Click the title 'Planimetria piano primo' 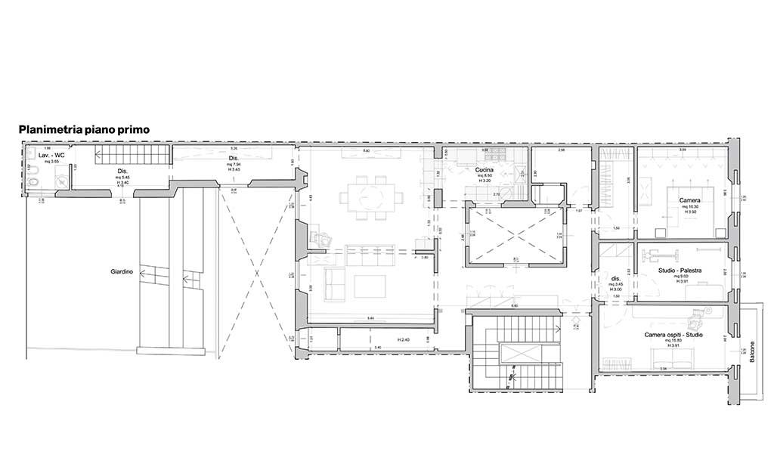[84, 130]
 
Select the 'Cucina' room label [485, 170]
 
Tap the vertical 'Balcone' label [752, 351]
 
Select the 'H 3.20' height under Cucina [485, 181]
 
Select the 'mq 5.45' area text [122, 178]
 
